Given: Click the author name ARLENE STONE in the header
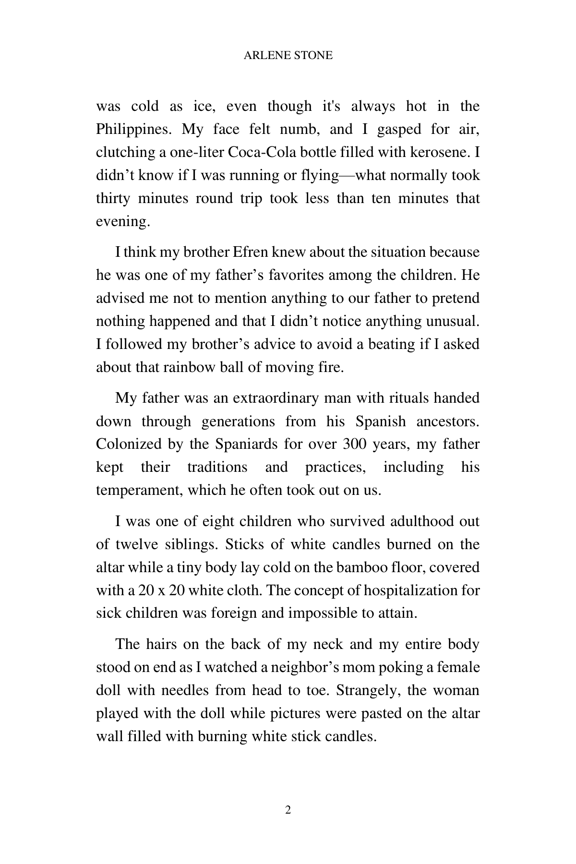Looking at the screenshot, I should tap(288, 55).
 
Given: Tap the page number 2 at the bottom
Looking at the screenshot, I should tap(288, 810).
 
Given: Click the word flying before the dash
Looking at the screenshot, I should tap(320, 175).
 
